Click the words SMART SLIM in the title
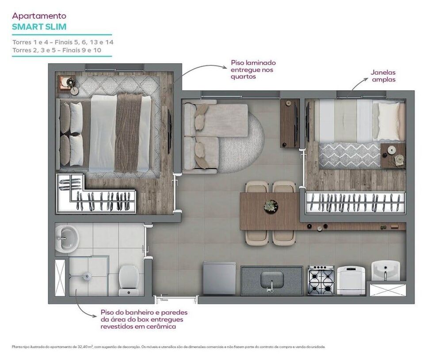[39, 27]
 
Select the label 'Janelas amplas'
[383, 76]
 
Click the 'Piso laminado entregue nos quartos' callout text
[253, 70]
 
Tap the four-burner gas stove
[321, 280]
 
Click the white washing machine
[351, 280]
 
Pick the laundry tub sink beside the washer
[385, 270]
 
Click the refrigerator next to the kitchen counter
[219, 278]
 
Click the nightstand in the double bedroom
[67, 84]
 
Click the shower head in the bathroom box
[88, 277]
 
